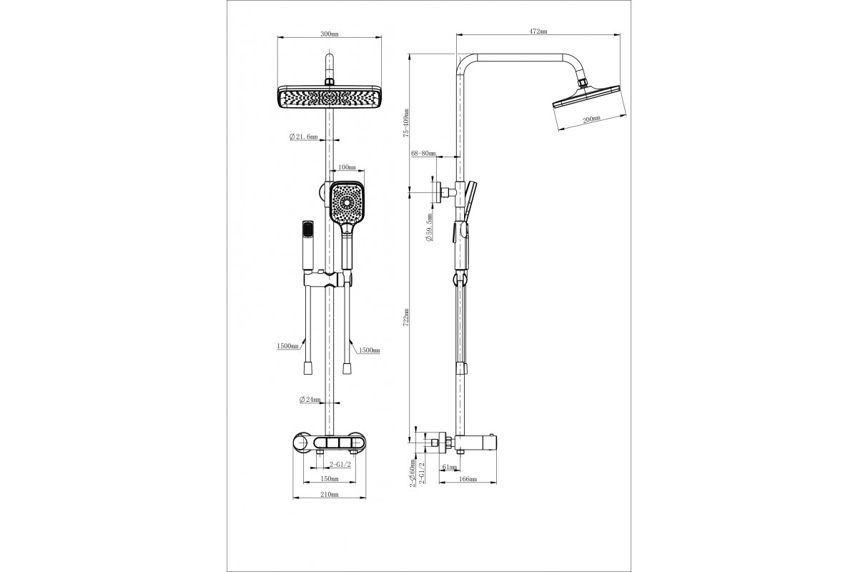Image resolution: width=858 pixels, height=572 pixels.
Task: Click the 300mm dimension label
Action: coord(329,34)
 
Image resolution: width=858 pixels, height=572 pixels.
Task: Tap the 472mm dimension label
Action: coord(538,31)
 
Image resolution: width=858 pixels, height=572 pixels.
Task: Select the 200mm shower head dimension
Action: coord(591,119)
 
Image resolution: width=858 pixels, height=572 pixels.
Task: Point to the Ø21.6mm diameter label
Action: coord(304,137)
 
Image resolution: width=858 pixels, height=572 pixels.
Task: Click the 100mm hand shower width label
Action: coord(347,167)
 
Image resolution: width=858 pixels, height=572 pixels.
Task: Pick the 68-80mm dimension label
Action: coord(423,153)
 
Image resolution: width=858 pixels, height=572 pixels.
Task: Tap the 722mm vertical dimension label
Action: coord(406,317)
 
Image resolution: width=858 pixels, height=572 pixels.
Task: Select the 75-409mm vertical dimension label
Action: coord(406,122)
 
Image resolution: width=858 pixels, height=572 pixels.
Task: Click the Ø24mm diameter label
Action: coord(310,400)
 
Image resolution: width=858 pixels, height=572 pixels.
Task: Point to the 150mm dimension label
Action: coord(330,478)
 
